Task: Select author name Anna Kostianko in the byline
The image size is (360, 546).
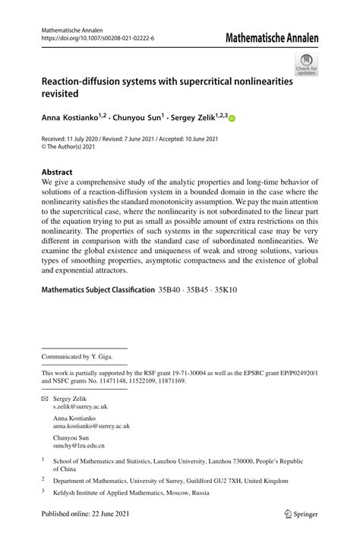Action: coord(74,118)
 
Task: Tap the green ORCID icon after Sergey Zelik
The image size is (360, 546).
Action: coord(232,118)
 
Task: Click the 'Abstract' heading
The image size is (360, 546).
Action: coord(58,172)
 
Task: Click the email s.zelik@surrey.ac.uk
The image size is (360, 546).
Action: coord(84,408)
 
